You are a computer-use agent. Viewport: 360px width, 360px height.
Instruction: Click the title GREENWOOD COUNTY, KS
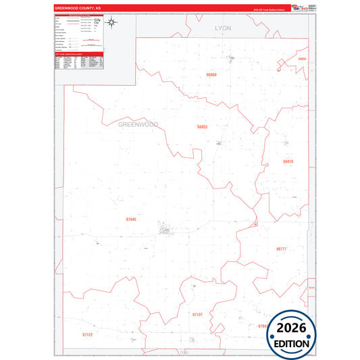point(74,9)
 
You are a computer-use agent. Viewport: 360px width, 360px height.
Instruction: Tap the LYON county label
point(222,28)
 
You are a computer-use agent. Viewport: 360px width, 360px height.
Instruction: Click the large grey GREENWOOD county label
point(138,125)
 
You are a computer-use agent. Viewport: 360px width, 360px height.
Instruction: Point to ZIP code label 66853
point(202,126)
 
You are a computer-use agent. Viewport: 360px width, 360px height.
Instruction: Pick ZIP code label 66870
point(288,162)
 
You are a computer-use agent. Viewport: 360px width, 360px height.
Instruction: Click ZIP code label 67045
point(131,220)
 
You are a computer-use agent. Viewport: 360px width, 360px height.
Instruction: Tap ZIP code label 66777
point(282,249)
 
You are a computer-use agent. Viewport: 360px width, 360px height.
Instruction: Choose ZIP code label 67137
point(197,314)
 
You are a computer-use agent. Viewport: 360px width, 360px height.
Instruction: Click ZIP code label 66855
point(302,59)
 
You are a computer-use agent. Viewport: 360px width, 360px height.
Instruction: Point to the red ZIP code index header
point(78,53)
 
